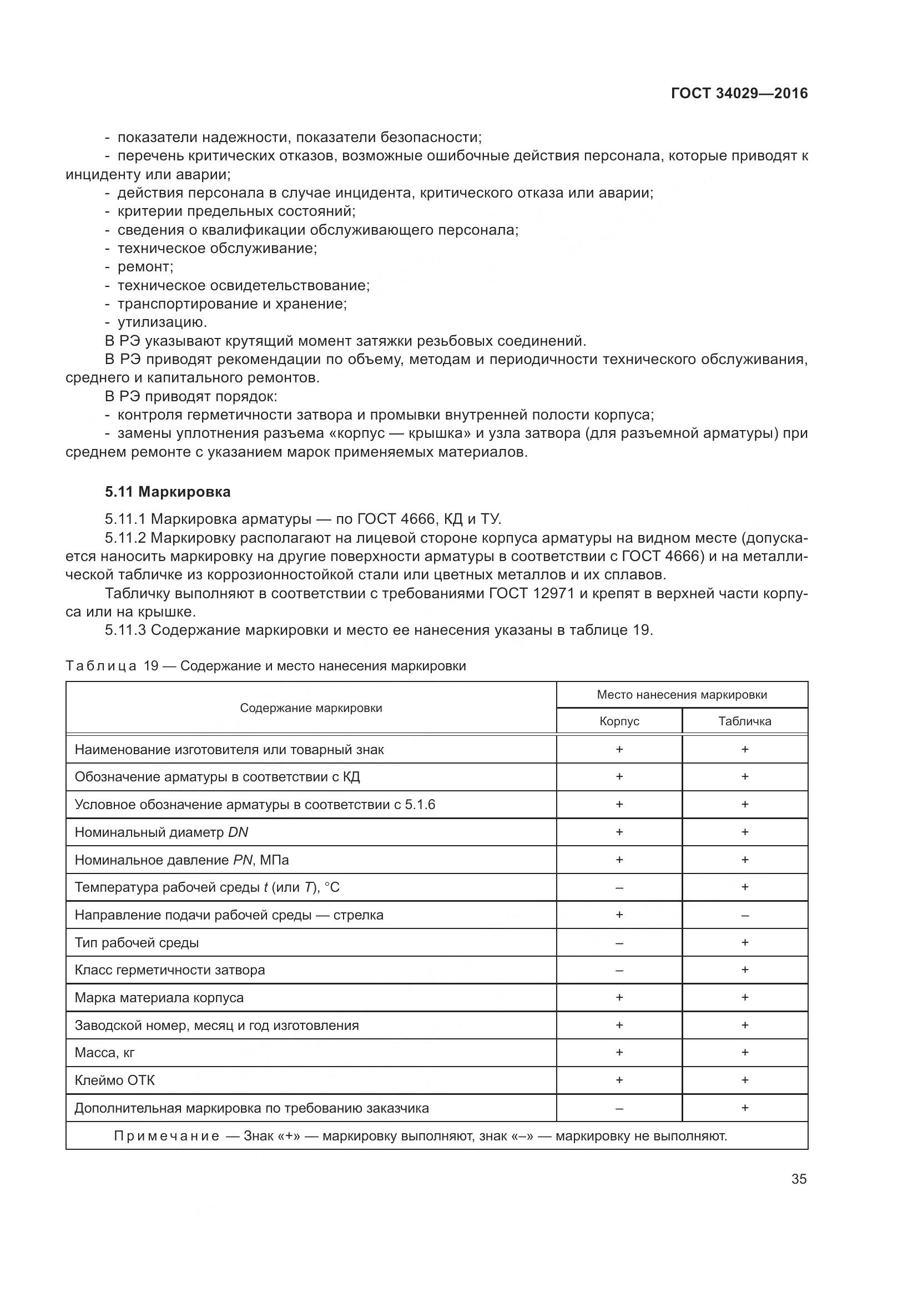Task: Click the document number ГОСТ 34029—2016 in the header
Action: click(x=739, y=93)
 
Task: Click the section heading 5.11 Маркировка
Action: click(x=167, y=492)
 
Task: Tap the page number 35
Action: click(x=799, y=1179)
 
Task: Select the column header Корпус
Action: click(x=619, y=721)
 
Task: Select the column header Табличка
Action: click(x=744, y=721)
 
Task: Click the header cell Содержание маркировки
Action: click(x=311, y=708)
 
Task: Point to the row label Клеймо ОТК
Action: click(x=115, y=1080)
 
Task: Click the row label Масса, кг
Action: click(x=104, y=1052)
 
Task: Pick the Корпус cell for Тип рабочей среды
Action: click(x=619, y=942)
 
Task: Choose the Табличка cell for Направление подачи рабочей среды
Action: click(x=744, y=915)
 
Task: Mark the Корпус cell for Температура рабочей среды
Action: click(x=619, y=887)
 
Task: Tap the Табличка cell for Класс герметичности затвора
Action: click(x=744, y=969)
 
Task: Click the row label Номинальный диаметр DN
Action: click(x=161, y=832)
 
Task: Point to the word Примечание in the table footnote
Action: click(x=167, y=1136)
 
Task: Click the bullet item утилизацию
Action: click(x=162, y=322)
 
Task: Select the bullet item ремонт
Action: click(x=145, y=266)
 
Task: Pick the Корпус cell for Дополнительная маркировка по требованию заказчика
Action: click(x=619, y=1108)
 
